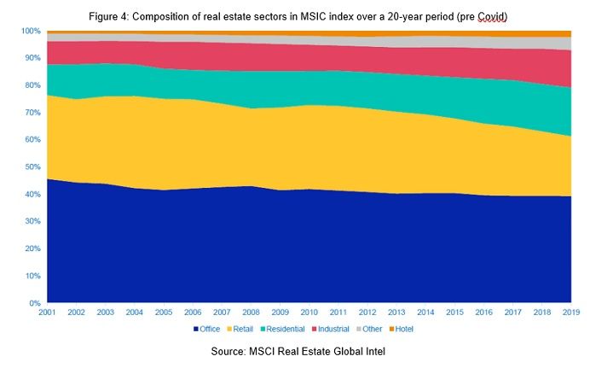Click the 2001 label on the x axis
click(48, 313)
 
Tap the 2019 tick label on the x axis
click(570, 313)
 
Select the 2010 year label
click(309, 313)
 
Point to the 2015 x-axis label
click(454, 313)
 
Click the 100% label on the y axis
click(31, 31)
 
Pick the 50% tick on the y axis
click(32, 167)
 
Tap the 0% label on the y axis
click(35, 303)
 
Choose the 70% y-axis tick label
click(32, 113)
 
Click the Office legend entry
click(208, 329)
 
